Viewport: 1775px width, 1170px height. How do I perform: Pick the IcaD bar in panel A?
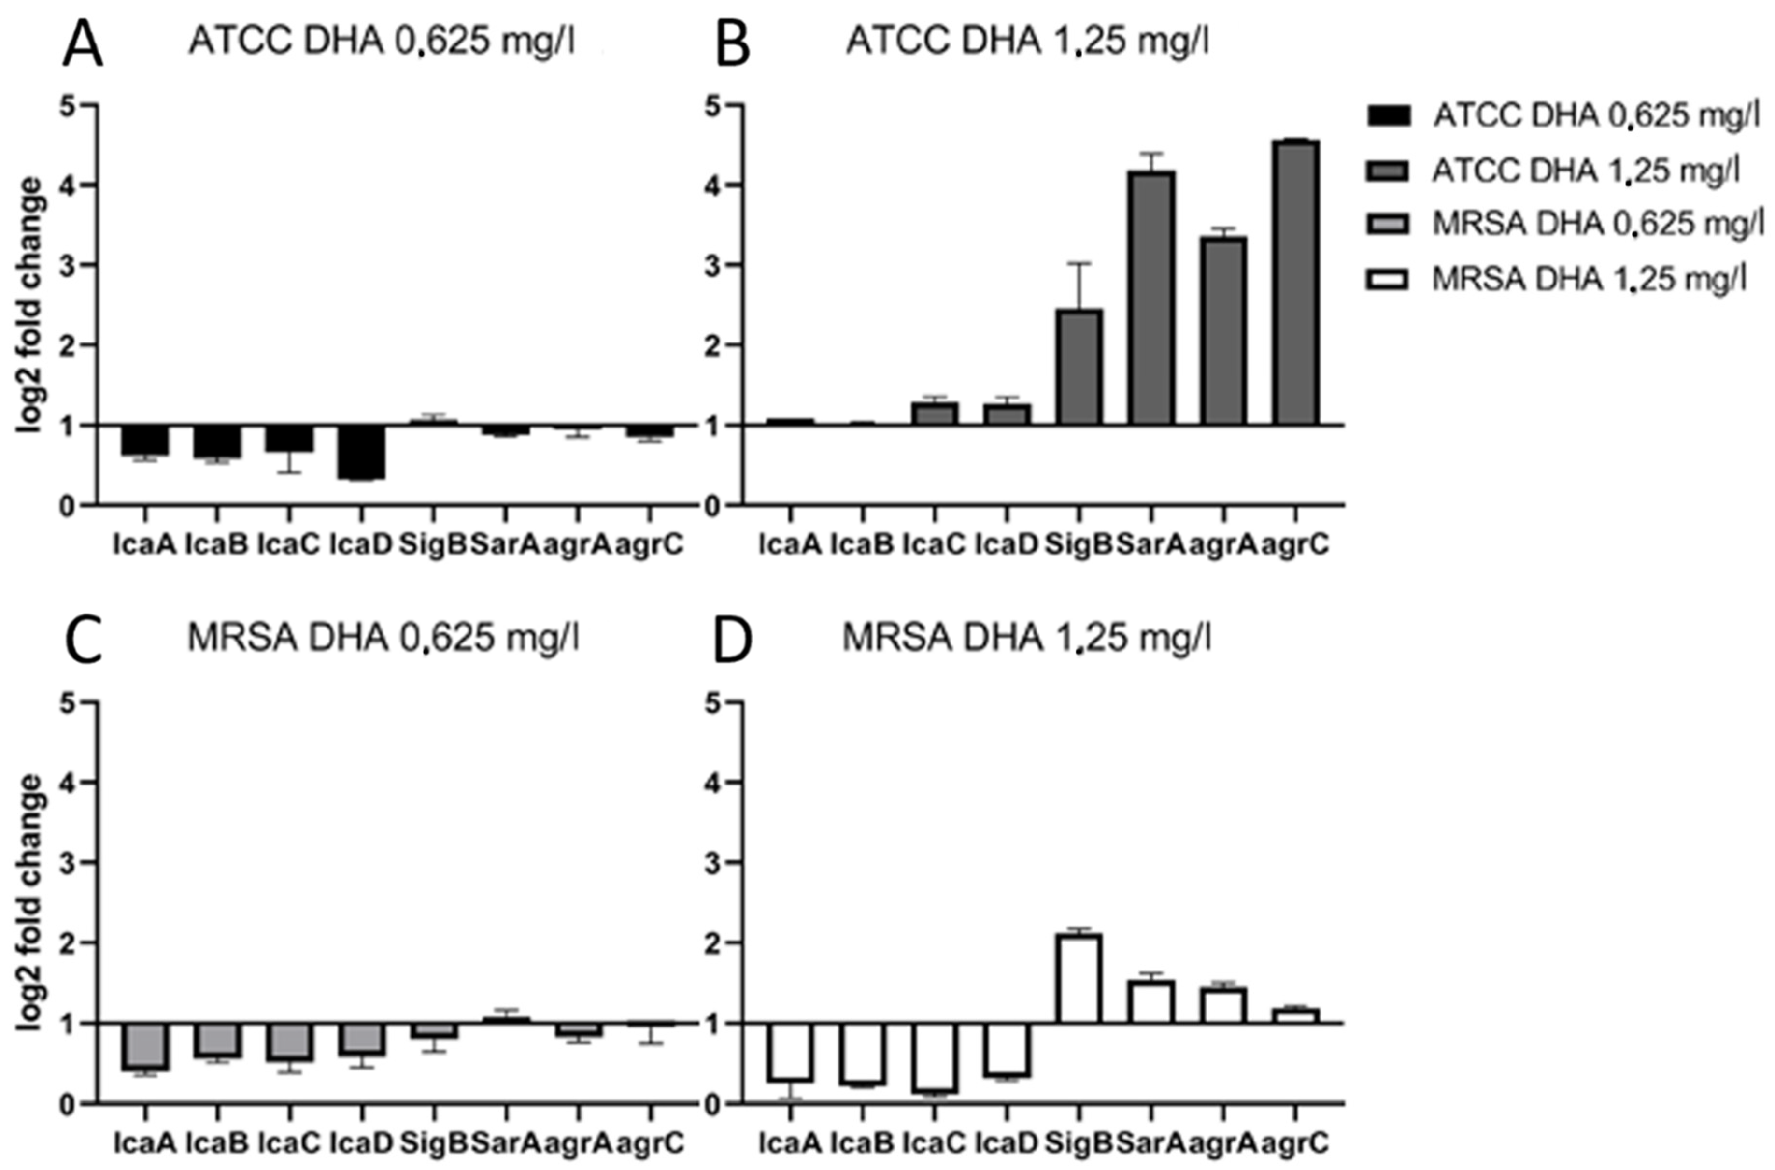click(x=362, y=452)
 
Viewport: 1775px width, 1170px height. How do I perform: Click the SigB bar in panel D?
click(x=1079, y=977)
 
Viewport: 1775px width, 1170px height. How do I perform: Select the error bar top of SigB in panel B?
click(x=1079, y=263)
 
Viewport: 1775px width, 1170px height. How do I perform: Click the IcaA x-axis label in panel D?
click(x=790, y=1143)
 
